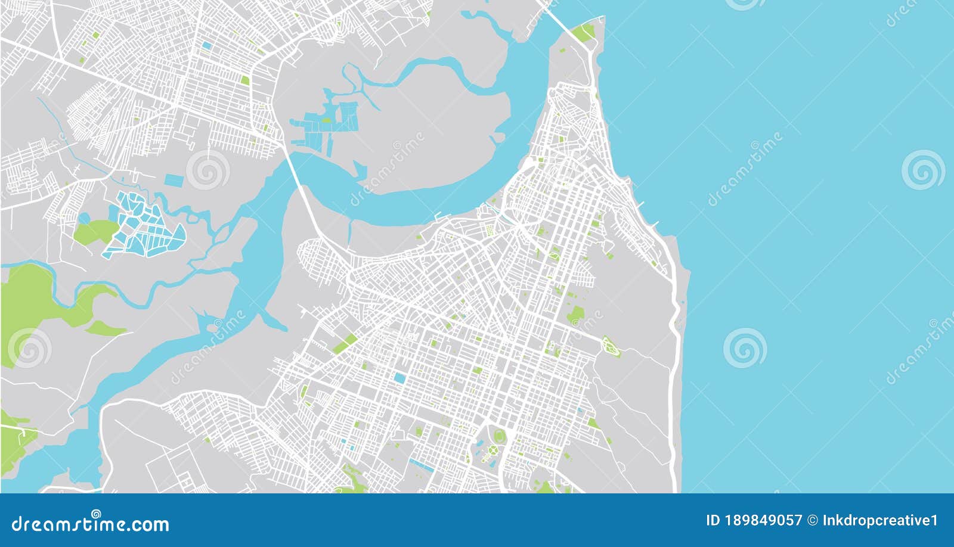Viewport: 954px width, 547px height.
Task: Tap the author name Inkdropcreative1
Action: [880, 520]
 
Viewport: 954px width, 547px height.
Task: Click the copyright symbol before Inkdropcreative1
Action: [812, 520]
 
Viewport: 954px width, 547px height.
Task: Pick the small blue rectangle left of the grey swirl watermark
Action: [174, 179]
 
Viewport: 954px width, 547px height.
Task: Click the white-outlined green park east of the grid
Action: [610, 344]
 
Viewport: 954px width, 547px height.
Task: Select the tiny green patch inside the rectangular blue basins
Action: [327, 120]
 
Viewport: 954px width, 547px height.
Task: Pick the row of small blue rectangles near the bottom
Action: [421, 464]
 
